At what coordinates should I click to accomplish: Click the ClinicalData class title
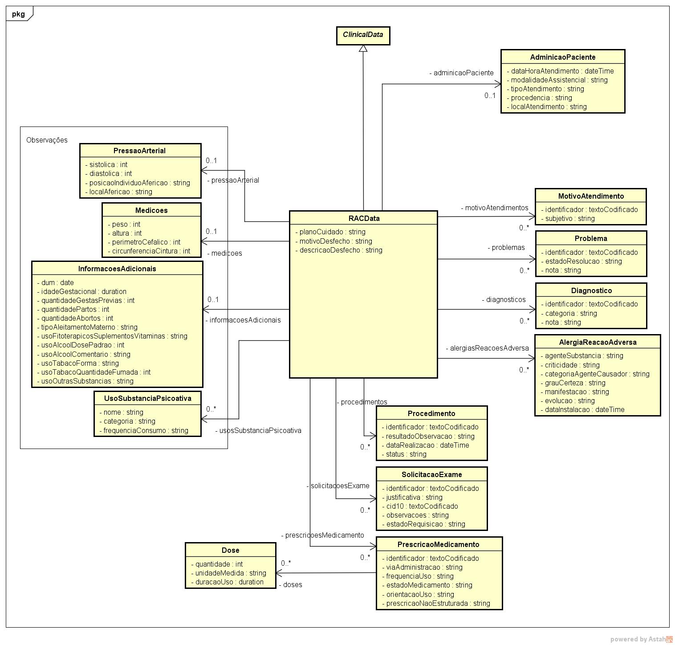point(363,35)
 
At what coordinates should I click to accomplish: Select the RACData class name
point(364,218)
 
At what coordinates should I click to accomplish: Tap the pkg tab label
point(18,14)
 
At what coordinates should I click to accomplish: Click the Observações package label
point(47,140)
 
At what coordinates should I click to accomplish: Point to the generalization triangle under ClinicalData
point(363,49)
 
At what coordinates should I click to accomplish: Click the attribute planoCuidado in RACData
point(330,232)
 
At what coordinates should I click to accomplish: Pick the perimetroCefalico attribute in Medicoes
point(144,242)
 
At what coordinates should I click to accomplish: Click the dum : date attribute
point(56,282)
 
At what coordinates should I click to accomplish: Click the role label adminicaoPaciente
point(461,73)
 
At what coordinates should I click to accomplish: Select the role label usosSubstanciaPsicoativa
point(258,431)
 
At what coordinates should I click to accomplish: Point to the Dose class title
point(230,550)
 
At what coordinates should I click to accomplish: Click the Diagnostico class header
point(591,290)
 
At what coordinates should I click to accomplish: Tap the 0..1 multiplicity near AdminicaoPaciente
point(490,95)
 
